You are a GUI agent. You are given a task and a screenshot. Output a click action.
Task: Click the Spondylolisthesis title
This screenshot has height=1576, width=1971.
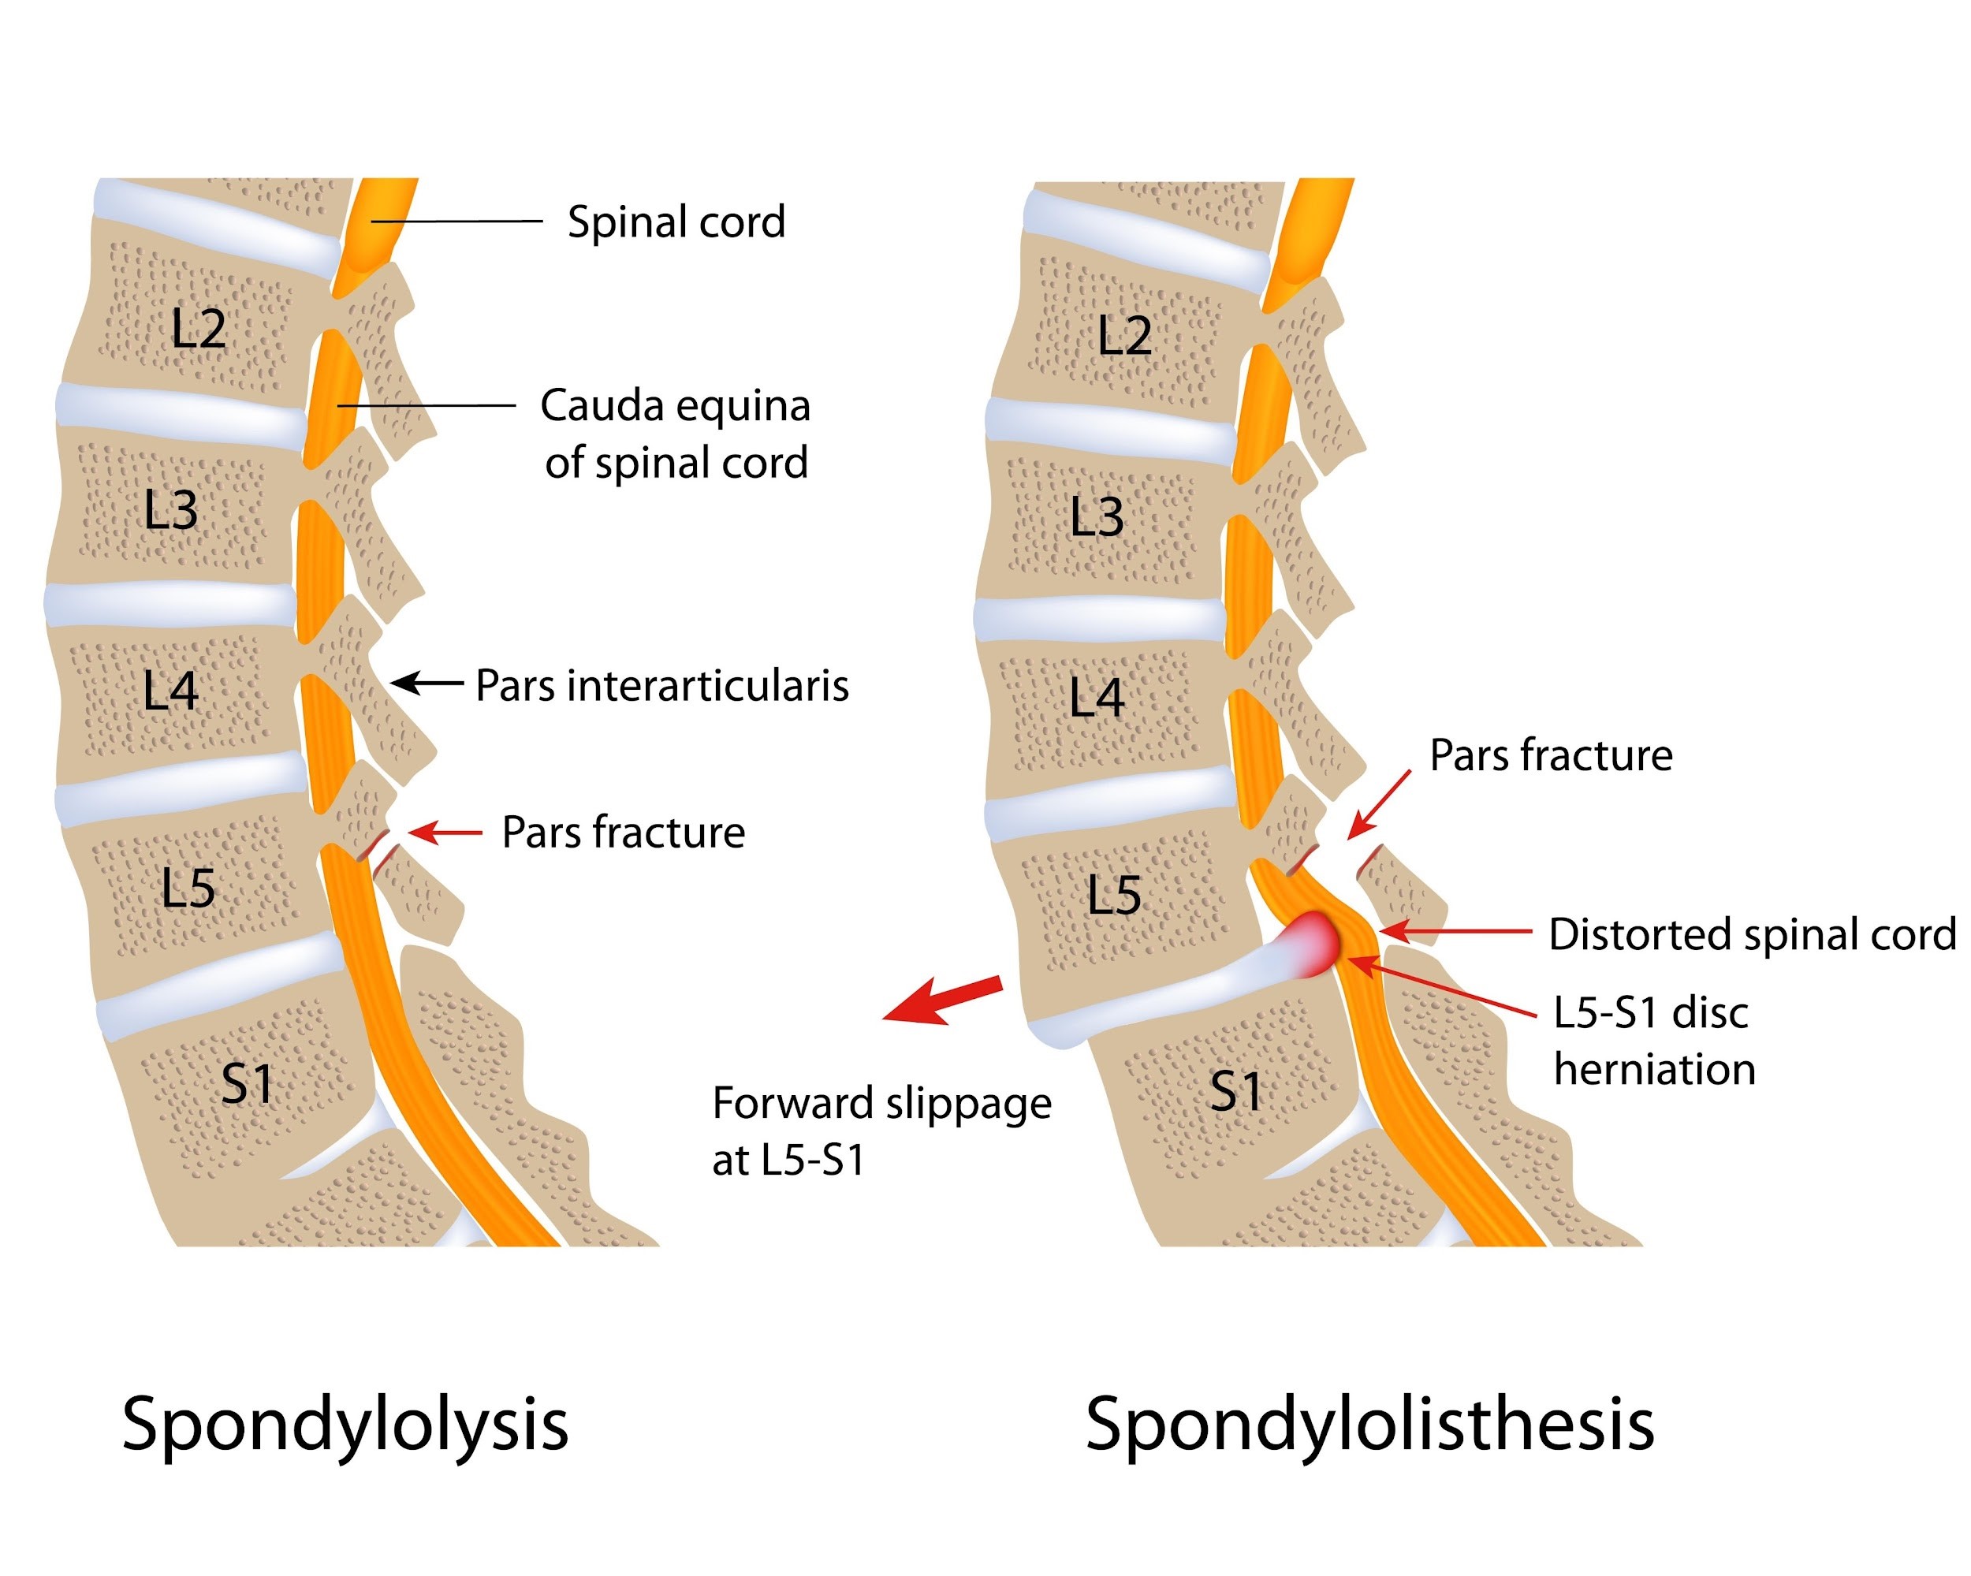click(x=1369, y=1425)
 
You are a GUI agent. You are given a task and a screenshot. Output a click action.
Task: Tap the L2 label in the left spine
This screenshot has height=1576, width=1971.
click(x=199, y=328)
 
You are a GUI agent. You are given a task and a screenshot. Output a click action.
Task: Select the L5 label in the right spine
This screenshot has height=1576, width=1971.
click(x=1113, y=895)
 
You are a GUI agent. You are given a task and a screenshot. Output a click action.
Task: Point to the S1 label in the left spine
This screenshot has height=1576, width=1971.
click(x=247, y=1084)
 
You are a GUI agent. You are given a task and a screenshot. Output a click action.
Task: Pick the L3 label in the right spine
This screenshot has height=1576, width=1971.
click(x=1096, y=517)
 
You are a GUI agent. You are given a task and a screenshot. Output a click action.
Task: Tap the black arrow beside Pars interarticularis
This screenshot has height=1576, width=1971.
click(x=427, y=682)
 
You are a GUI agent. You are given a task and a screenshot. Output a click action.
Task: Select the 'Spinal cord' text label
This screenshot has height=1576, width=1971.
click(x=676, y=222)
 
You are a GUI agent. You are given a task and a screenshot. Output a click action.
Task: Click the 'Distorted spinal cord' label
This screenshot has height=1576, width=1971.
click(x=1752, y=934)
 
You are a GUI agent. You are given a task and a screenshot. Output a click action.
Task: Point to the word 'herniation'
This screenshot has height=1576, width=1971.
click(x=1654, y=1070)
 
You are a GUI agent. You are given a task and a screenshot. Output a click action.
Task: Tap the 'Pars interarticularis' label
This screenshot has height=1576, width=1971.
click(x=662, y=686)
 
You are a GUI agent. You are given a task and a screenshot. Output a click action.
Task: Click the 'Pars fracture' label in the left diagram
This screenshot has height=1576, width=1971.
click(x=624, y=833)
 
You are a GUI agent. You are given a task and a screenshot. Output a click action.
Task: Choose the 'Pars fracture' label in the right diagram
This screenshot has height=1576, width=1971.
click(x=1551, y=756)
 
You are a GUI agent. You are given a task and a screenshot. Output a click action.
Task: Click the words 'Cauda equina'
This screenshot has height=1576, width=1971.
click(x=675, y=406)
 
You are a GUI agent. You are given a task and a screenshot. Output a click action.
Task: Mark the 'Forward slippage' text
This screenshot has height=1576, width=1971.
click(x=881, y=1104)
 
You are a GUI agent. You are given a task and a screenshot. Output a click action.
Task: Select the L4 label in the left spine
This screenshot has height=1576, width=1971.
click(x=170, y=691)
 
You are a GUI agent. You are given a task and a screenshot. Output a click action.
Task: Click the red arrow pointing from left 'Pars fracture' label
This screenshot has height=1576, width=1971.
click(x=445, y=832)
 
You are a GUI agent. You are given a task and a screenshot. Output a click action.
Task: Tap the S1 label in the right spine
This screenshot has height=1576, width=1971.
click(x=1235, y=1091)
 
